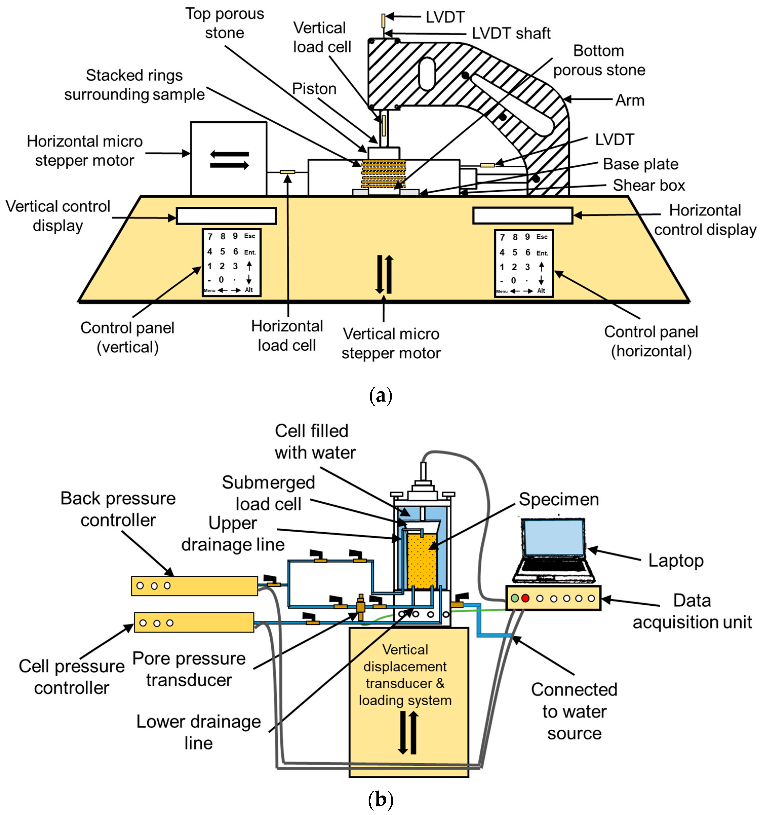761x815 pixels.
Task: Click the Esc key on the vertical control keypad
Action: pos(249,236)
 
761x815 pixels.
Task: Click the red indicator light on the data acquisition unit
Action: pos(525,598)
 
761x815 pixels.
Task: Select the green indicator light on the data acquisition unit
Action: pos(515,598)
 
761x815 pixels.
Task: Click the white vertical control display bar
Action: pos(226,216)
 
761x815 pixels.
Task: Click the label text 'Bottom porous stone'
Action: pos(599,61)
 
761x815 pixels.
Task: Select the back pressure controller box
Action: pos(194,585)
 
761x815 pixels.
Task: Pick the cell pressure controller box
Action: pos(194,622)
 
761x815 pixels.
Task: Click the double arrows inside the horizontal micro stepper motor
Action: pos(229,160)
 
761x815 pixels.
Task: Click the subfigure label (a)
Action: pos(380,396)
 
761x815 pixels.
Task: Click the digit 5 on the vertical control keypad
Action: pos(222,252)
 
